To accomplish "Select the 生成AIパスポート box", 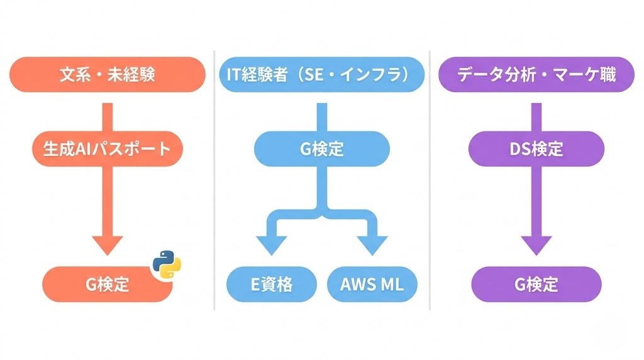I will tap(107, 149).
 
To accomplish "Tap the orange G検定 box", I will tap(101, 284).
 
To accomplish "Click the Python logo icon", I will tap(166, 264).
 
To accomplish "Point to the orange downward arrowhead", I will tap(107, 243).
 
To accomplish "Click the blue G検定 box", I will tap(321, 149).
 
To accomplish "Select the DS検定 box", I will tap(536, 149).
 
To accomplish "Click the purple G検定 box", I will tap(536, 284).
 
